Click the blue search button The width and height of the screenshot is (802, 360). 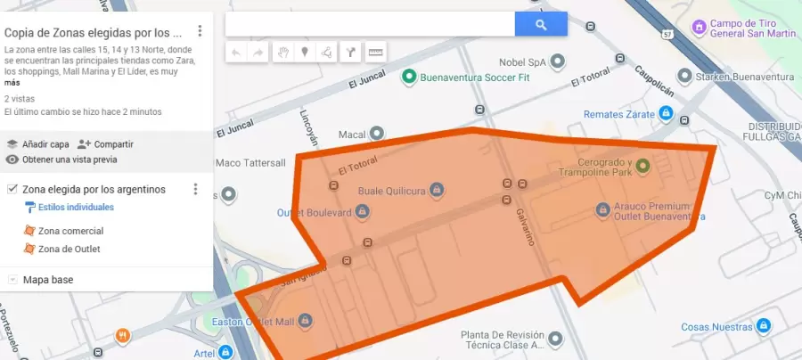[x=541, y=25]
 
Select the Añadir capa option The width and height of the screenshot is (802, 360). [x=45, y=143]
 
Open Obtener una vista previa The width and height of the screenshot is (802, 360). [x=69, y=160]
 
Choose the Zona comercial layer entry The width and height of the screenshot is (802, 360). [x=70, y=231]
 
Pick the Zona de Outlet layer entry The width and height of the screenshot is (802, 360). [x=69, y=249]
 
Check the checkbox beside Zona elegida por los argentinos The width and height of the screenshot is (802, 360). [x=12, y=189]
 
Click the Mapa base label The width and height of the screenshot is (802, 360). [x=48, y=280]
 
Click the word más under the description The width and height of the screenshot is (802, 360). [x=12, y=82]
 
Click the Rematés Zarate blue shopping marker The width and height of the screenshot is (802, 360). [x=665, y=113]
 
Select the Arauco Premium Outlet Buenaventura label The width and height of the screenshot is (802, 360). [x=656, y=211]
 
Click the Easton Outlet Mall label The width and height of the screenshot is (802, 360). [x=254, y=321]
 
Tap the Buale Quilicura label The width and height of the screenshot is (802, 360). [x=393, y=190]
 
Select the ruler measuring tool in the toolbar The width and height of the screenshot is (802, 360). [x=375, y=52]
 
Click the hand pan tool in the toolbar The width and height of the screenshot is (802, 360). [x=282, y=52]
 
